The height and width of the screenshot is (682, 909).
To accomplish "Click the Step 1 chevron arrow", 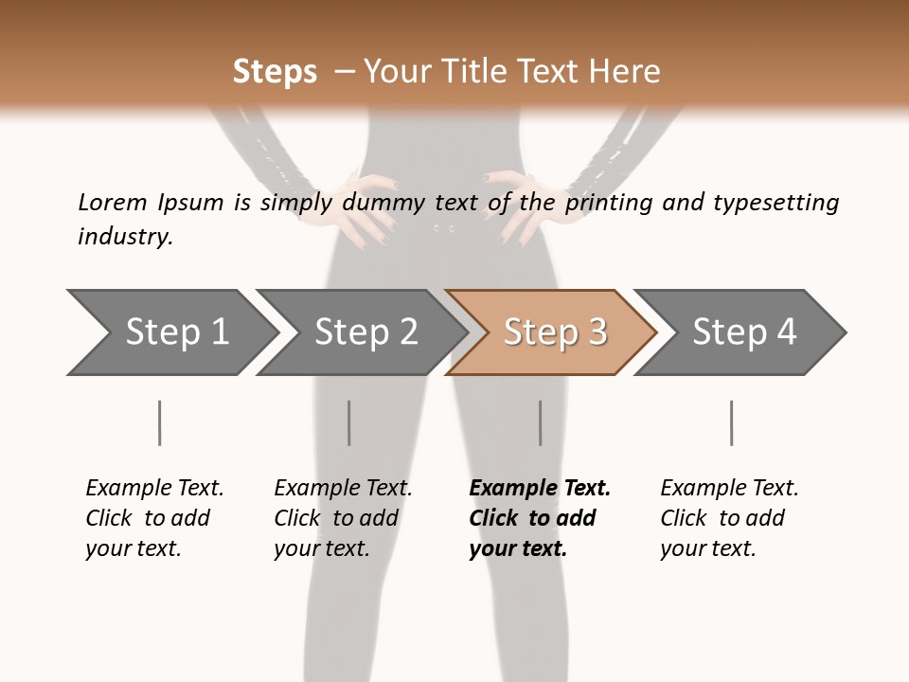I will tap(176, 332).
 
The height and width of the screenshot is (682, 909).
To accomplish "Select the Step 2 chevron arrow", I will tap(365, 332).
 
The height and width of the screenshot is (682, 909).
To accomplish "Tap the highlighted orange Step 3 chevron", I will tap(554, 332).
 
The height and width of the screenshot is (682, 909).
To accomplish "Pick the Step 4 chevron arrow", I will tap(743, 332).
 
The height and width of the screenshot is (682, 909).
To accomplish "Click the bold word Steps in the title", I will tap(275, 72).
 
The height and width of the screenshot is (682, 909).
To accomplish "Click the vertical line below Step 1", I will tap(159, 422).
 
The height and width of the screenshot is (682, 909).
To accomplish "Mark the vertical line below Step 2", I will tap(349, 422).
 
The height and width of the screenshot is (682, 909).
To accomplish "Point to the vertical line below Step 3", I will tap(540, 422).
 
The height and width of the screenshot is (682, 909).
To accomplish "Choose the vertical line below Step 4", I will tap(731, 422).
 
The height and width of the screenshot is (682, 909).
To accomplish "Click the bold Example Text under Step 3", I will tap(540, 489).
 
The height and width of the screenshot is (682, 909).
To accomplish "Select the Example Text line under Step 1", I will tap(154, 489).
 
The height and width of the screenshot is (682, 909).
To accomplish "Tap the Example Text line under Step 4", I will tap(729, 489).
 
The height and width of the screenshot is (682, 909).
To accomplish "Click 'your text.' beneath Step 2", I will tap(321, 548).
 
